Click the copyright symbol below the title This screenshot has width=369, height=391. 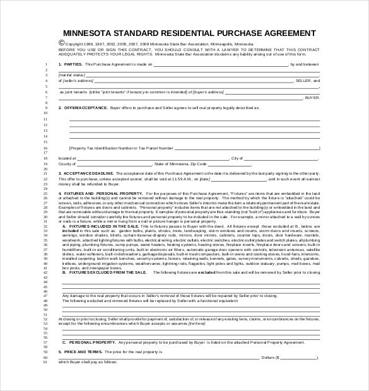[61, 44]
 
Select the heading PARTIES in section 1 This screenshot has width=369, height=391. [73, 64]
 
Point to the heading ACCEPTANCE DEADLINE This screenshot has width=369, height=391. [88, 173]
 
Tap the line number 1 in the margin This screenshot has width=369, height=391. [47, 64]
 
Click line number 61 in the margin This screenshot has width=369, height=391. [46, 362]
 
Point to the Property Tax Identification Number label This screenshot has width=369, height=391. [121, 147]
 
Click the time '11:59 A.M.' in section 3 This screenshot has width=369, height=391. [199, 178]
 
